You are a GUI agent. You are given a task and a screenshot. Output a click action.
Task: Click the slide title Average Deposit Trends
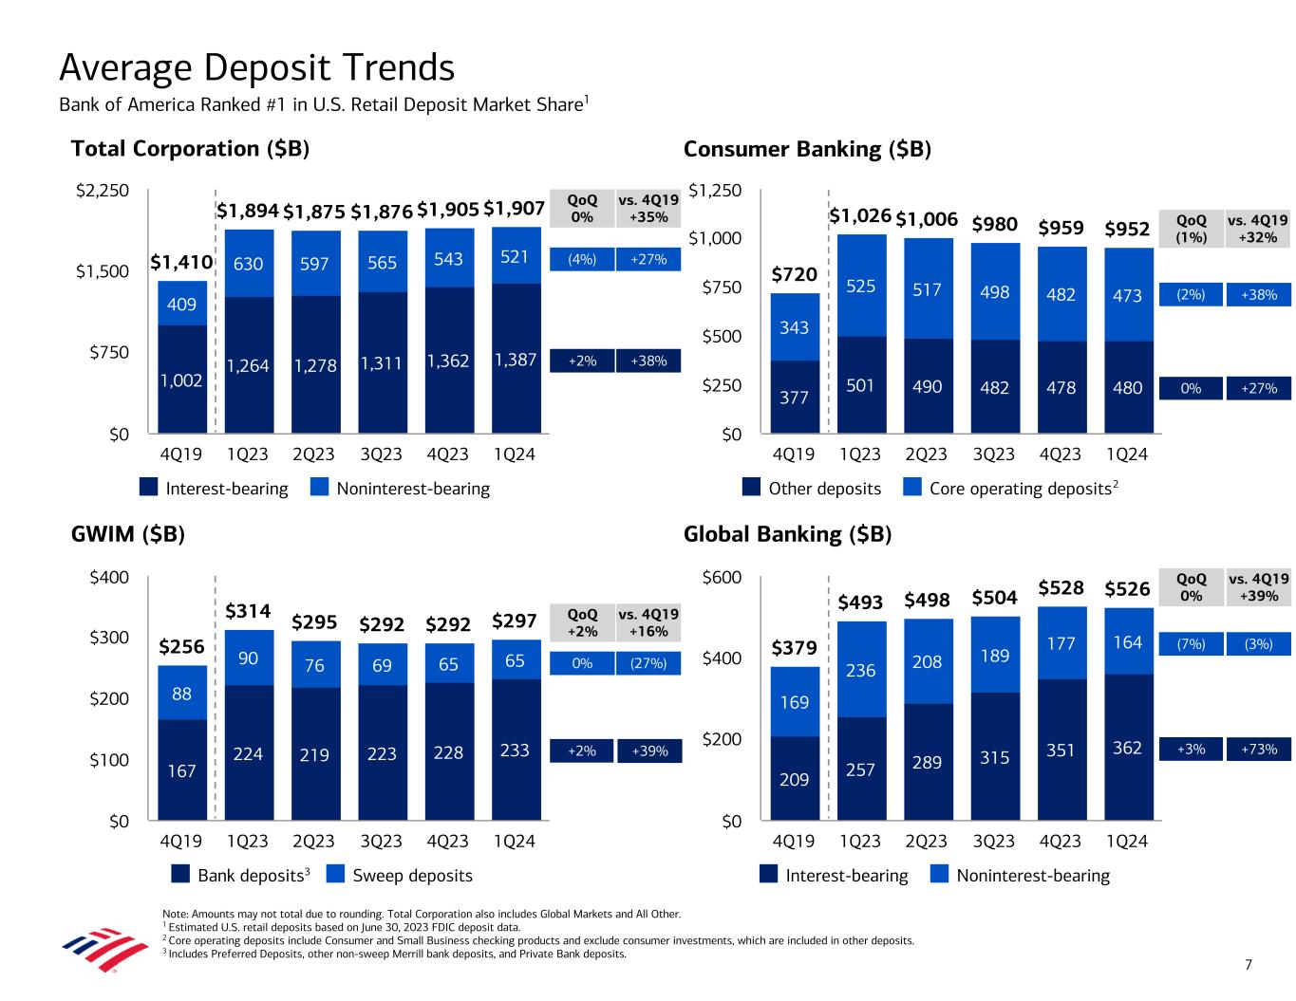256,68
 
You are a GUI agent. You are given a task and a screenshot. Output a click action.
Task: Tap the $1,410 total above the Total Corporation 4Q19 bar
182,261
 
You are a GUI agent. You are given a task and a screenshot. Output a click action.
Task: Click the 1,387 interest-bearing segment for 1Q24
516,361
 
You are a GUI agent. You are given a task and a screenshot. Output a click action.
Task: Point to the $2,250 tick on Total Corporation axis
103,191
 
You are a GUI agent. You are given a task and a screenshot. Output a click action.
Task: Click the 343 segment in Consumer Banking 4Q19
794,327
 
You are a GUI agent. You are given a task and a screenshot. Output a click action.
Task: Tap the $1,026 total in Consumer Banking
860,216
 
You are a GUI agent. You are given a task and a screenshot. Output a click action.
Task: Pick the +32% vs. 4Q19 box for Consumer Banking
1258,229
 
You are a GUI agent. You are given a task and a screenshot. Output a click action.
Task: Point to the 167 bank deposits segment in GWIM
181,770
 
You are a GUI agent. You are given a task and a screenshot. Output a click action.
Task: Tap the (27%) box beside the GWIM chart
648,664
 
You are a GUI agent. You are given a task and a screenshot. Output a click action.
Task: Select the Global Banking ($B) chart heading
787,534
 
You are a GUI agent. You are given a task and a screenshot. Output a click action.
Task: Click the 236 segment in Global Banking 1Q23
860,670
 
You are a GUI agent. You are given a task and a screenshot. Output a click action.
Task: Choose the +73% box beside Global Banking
1258,750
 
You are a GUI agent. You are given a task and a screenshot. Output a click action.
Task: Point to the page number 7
1249,965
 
